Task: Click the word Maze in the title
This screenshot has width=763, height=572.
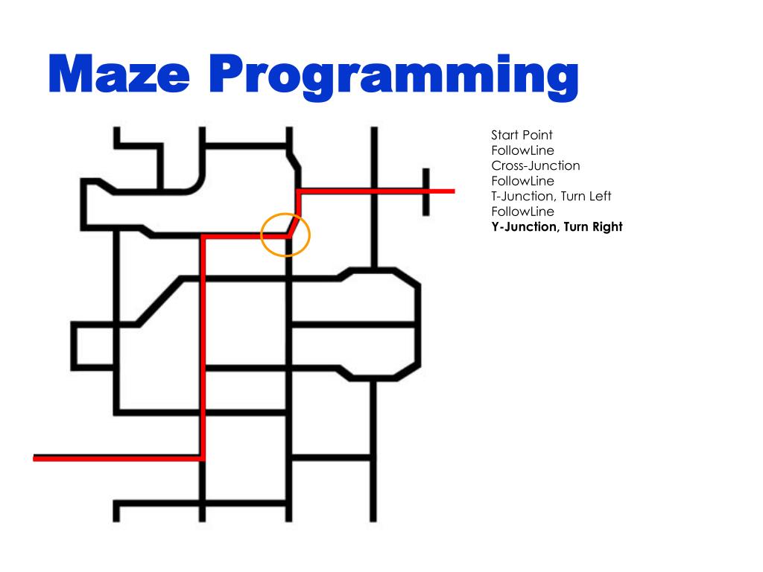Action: (x=118, y=74)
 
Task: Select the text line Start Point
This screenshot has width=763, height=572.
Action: (x=522, y=135)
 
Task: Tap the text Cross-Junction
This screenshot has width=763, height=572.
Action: (x=535, y=165)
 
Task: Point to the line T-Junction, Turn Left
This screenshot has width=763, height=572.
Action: (x=551, y=196)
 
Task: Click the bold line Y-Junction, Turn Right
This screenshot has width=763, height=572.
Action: (x=556, y=226)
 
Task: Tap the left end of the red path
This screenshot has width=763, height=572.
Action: (x=36, y=458)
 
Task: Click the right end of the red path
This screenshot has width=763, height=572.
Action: (x=452, y=191)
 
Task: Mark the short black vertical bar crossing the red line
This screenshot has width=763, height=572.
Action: (x=426, y=191)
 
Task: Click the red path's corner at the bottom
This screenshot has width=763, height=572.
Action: (x=202, y=458)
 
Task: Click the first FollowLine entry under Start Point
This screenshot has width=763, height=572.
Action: (x=522, y=150)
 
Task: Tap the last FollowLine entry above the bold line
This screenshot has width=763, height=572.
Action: (x=522, y=212)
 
